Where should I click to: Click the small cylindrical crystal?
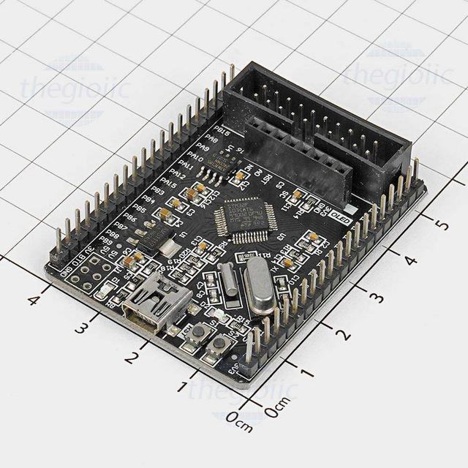pyautogui.click(x=229, y=280)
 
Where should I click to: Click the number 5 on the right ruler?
pyautogui.click(x=440, y=224)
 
